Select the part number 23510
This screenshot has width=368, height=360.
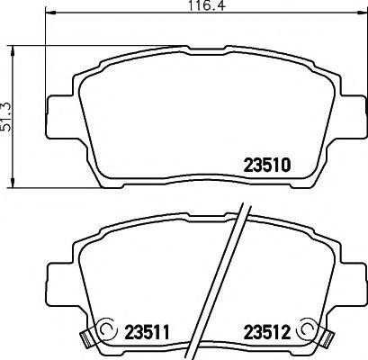[x=267, y=165]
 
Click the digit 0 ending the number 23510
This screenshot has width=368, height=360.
[x=285, y=165]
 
